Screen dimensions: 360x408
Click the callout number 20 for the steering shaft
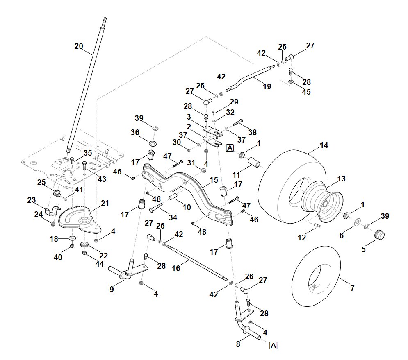coord(79,46)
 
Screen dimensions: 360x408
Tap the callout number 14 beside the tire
coord(324,145)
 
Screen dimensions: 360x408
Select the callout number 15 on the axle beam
coord(214,180)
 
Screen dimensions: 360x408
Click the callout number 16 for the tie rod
coord(176,269)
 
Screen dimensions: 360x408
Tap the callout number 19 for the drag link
coord(267,87)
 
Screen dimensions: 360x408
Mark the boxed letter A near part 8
coord(274,346)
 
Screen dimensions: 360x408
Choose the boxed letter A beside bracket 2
coord(230,148)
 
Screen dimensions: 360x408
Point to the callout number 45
coord(306,92)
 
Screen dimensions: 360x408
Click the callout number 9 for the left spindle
coord(112,289)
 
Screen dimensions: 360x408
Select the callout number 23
coord(32,200)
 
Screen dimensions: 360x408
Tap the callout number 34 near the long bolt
coord(173,217)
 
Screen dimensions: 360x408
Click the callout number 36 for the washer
coord(135,132)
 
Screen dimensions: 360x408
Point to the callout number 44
coord(100,265)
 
